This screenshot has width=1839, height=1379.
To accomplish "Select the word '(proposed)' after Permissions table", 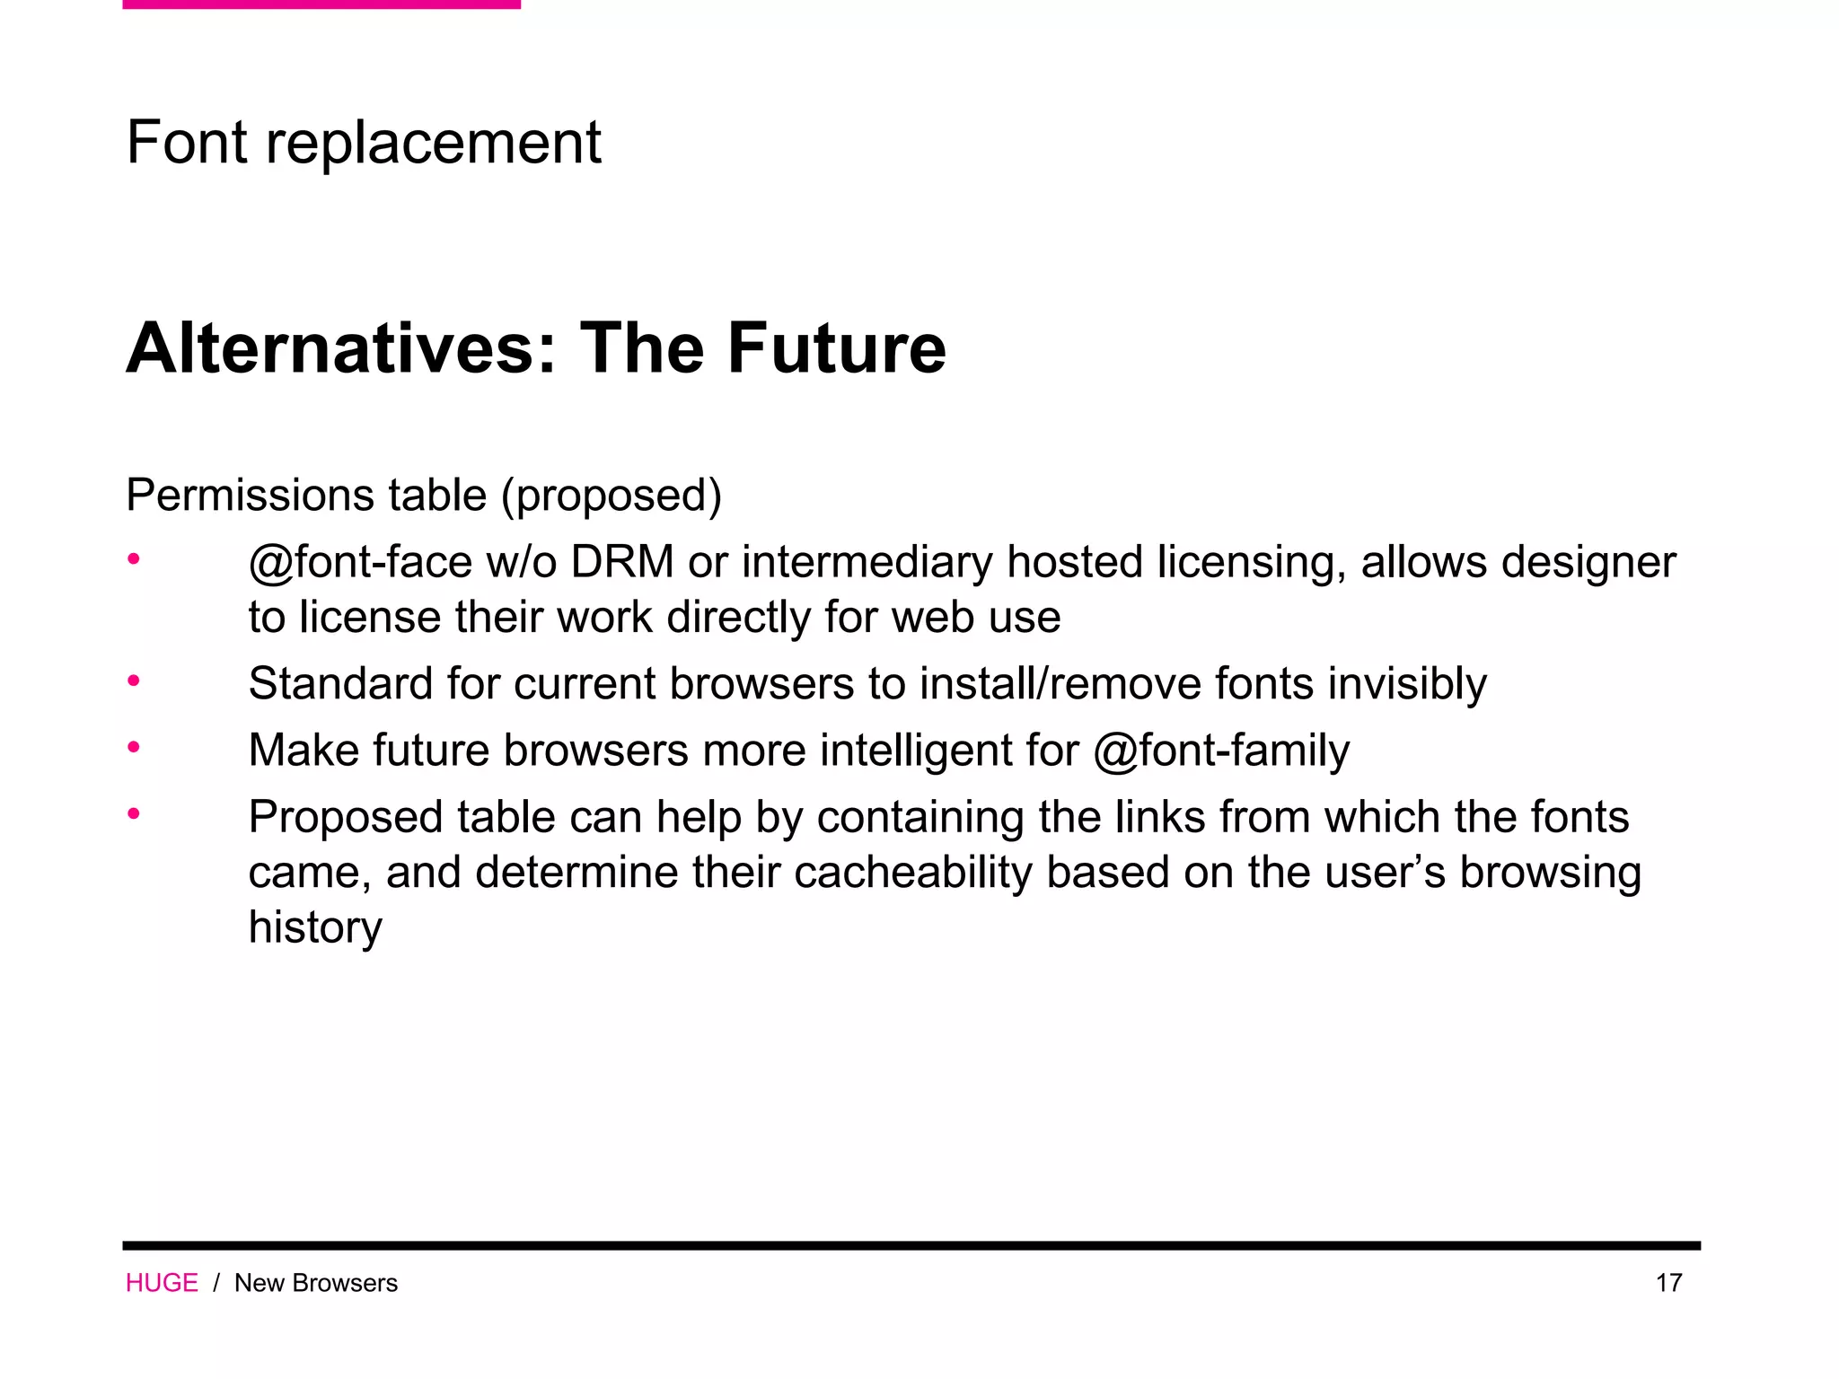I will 612,496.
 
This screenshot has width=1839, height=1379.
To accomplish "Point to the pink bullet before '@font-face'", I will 134,559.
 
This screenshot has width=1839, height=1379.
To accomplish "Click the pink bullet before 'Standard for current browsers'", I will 134,681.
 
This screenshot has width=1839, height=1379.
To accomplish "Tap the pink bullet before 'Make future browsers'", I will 134,747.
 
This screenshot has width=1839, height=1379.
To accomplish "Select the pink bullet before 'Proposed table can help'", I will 134,814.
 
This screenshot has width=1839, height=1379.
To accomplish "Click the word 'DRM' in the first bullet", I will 621,563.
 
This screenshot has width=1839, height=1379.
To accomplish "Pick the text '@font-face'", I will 360,563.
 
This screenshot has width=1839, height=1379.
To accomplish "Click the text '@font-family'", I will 1221,751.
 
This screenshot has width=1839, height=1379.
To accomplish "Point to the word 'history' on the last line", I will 315,927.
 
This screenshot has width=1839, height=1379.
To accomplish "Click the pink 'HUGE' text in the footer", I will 162,1283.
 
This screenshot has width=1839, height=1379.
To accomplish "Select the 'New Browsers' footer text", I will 316,1283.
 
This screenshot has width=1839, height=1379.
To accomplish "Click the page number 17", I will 1668,1283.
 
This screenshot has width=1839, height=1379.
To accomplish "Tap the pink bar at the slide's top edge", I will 321,4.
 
